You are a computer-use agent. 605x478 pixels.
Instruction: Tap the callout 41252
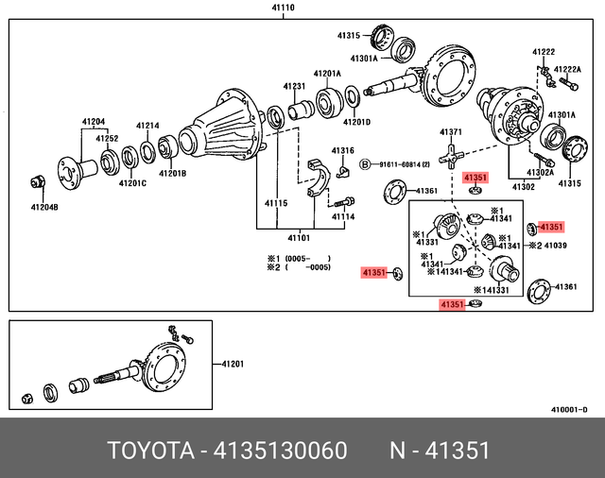coord(106,138)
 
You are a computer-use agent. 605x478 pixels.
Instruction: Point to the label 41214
coord(147,126)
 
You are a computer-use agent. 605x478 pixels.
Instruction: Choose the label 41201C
coord(132,182)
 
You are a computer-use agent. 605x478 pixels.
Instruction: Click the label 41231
coord(295,86)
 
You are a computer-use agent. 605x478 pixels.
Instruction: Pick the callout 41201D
coord(356,121)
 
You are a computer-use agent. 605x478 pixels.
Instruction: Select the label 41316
coord(342,150)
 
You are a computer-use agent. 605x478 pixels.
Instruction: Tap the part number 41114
coord(342,216)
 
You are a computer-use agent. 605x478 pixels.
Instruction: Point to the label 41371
coord(450,132)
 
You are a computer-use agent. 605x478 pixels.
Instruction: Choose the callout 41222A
coord(567,69)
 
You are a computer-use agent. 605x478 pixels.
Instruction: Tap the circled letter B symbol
coord(364,165)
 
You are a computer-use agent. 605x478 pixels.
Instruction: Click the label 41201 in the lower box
coord(233,364)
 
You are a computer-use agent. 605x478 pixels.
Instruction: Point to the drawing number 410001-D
coord(569,409)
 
